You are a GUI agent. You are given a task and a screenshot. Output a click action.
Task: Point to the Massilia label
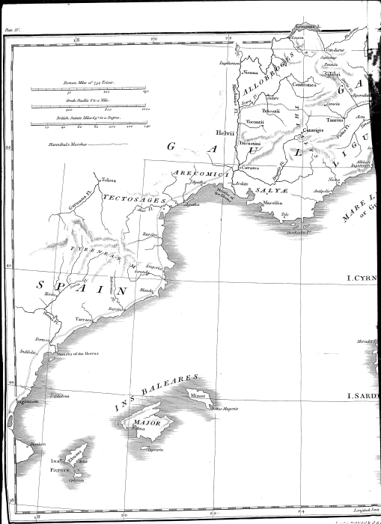pos(273,202)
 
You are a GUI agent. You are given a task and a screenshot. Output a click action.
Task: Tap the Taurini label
pos(335,119)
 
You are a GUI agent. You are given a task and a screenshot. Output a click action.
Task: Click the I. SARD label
pos(364,395)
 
